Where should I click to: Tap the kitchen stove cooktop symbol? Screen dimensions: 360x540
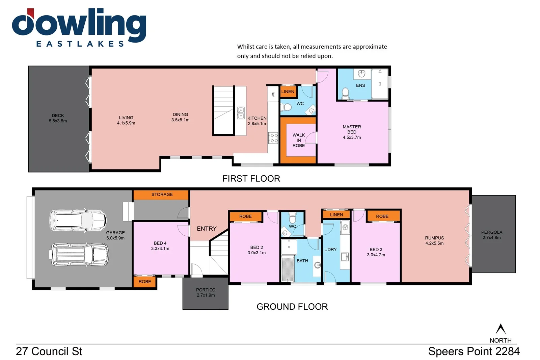(273, 138)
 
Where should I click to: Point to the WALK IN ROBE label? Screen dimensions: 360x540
(299, 140)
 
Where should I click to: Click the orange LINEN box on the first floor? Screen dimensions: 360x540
(288, 92)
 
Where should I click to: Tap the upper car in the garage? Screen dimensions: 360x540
(78, 221)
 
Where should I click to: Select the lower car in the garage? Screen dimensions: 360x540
(80, 254)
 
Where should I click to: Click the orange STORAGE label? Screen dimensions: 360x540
(162, 195)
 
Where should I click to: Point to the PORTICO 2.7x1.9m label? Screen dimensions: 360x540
(206, 292)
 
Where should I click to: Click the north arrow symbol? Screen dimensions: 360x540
(501, 329)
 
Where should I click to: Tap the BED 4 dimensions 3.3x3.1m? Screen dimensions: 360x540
(160, 249)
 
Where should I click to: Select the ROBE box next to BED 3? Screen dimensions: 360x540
(382, 216)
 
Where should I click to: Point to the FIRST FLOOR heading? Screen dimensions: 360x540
(251, 179)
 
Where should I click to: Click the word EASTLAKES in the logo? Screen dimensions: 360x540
(80, 44)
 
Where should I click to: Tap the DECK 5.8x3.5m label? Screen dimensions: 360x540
(58, 118)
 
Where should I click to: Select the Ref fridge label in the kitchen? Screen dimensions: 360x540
(273, 94)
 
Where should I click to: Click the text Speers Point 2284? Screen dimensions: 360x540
(474, 352)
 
